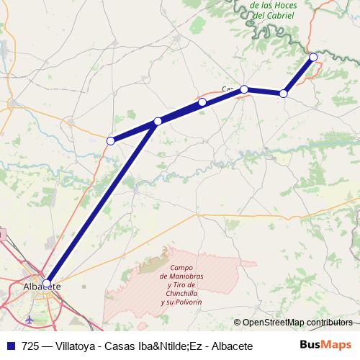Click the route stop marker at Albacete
pyautogui.click(x=47, y=284)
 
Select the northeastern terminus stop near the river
pyautogui.click(x=313, y=57)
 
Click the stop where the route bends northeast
pyautogui.click(x=284, y=94)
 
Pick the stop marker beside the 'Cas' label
pyautogui.click(x=245, y=89)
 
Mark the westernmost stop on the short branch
pyautogui.click(x=110, y=141)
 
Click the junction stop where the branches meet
pyautogui.click(x=158, y=122)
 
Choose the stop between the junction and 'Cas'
pyautogui.click(x=202, y=103)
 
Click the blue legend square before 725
pyautogui.click(x=9, y=346)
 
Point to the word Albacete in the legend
pyautogui.click(x=233, y=346)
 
